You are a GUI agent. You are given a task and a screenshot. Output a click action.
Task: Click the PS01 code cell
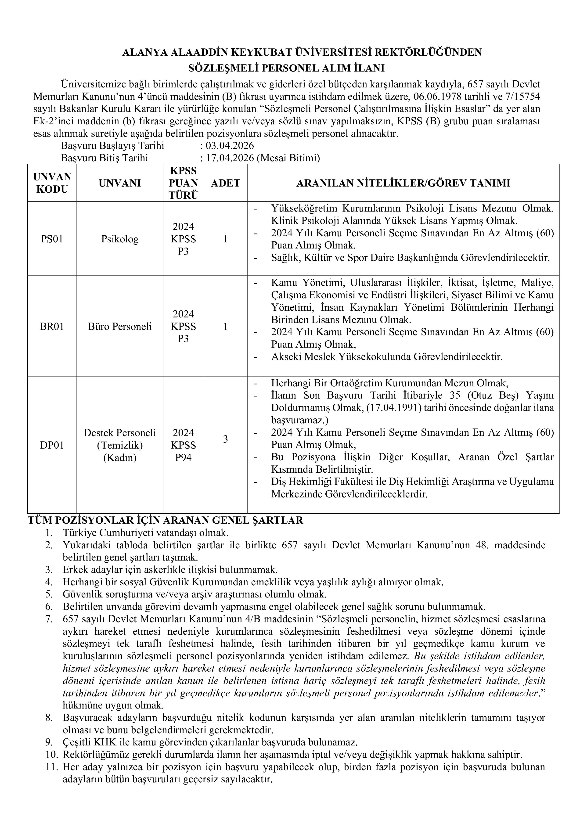(52, 239)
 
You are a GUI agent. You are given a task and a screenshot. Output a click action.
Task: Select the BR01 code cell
(52, 326)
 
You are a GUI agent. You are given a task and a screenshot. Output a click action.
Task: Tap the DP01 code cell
(52, 445)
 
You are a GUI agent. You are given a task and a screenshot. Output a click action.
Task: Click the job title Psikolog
(120, 239)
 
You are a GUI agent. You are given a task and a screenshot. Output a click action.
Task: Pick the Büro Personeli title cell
(120, 326)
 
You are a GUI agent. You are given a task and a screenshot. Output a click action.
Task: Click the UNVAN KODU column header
(52, 183)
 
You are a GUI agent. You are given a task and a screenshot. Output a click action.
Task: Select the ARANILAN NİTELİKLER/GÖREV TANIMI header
(403, 183)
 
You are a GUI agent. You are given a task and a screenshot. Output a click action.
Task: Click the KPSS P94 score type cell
(183, 445)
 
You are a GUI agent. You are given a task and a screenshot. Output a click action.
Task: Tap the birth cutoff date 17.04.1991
(394, 408)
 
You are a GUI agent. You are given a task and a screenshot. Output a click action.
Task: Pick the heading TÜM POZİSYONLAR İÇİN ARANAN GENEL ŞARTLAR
(165, 520)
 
